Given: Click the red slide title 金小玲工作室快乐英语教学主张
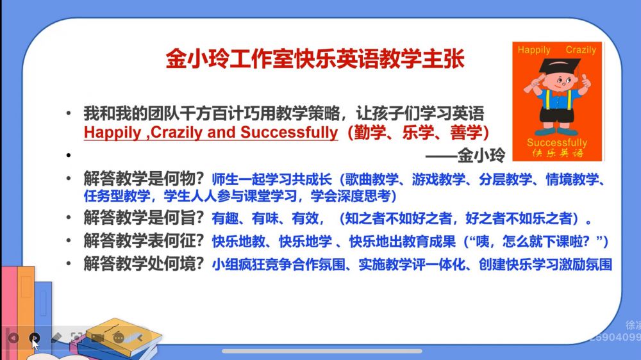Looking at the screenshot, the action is (315, 59).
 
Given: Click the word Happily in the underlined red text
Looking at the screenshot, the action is (112, 133).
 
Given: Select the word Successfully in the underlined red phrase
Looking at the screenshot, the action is (289, 133).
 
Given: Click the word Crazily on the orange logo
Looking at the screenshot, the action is (581, 50).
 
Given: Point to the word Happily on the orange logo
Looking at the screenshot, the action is (534, 50).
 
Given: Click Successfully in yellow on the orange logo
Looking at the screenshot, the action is (557, 143).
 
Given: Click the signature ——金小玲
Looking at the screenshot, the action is (465, 155).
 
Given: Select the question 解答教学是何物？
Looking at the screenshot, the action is (144, 179).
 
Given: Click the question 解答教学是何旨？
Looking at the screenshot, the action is (144, 218).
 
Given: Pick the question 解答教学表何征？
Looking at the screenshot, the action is (144, 241).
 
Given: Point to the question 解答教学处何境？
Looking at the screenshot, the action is (144, 264).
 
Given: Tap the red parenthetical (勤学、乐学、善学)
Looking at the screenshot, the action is (418, 133).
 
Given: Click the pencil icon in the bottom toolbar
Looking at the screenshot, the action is (56, 338).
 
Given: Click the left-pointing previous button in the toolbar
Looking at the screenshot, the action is (13, 338).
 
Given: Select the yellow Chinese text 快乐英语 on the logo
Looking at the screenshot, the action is (557, 153).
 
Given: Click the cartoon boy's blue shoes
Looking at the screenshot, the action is (556, 131).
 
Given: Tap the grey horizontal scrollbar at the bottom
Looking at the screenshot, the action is (322, 351).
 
